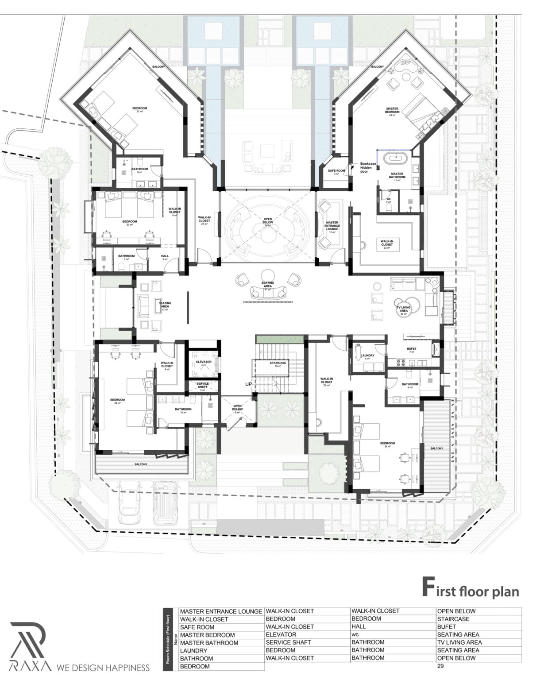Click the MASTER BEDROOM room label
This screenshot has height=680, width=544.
[x=392, y=110]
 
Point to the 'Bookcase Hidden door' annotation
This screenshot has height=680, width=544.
[x=368, y=167]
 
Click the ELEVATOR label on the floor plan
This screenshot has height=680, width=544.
[x=204, y=362]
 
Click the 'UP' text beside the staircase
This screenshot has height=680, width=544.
[x=248, y=384]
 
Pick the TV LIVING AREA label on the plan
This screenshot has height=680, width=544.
[x=403, y=309]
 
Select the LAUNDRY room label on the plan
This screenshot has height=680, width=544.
[x=367, y=356]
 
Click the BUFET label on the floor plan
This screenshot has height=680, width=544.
[x=412, y=349]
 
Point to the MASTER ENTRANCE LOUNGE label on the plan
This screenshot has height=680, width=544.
[x=332, y=226]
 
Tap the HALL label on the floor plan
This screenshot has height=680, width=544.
[x=165, y=256]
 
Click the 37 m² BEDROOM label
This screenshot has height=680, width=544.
[x=139, y=108]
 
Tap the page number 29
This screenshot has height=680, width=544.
[x=440, y=666]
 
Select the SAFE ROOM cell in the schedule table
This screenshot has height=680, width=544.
[x=197, y=627]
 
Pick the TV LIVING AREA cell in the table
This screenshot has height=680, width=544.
[x=459, y=642]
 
